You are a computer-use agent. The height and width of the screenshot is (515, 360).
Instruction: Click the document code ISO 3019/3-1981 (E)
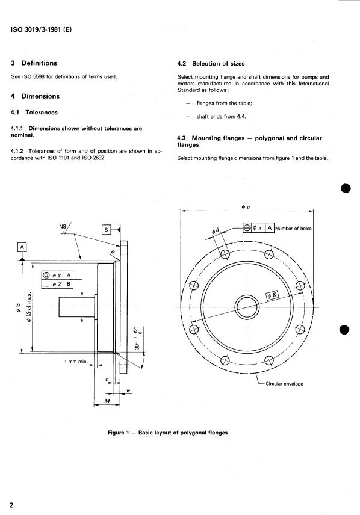click(41, 29)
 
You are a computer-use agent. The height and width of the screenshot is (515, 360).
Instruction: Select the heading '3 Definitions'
click(34, 63)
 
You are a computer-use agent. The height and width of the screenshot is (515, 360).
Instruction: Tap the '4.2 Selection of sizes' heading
click(211, 64)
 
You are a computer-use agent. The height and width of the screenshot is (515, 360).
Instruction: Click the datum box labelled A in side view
click(22, 247)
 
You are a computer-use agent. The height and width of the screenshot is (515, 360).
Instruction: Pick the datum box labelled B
click(106, 230)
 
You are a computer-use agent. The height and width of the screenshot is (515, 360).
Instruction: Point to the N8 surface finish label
click(63, 226)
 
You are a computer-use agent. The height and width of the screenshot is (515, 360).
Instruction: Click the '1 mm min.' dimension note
click(76, 362)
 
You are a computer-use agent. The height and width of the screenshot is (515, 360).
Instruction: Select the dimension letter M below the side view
click(107, 401)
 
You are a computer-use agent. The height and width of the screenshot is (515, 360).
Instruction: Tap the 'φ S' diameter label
click(18, 308)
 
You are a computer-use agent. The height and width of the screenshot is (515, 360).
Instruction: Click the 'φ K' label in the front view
click(272, 295)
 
